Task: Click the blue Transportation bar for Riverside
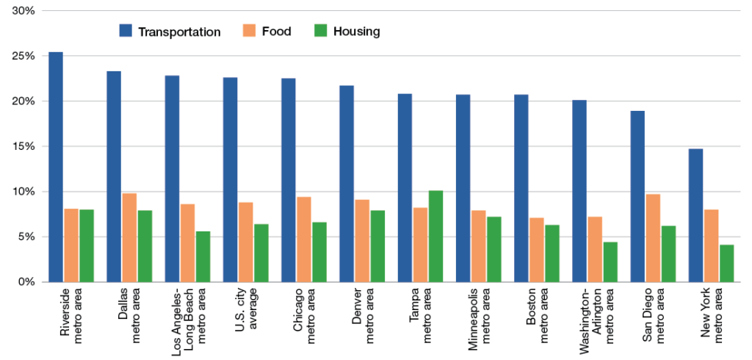(56, 167)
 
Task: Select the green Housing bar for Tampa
(435, 236)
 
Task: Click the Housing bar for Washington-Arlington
(610, 262)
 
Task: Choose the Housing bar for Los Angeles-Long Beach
(203, 256)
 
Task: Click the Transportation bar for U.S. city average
(230, 179)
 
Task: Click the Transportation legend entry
(170, 32)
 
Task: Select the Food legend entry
(266, 32)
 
